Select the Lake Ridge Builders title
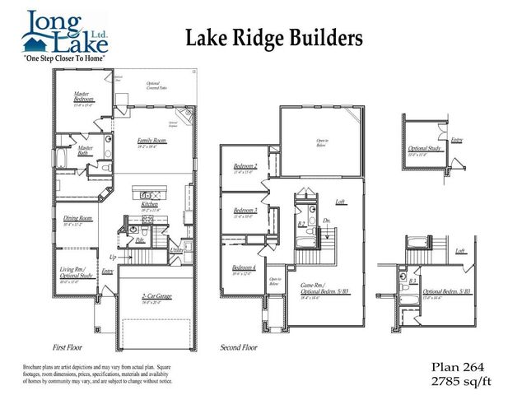click(x=273, y=36)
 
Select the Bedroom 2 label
click(x=245, y=166)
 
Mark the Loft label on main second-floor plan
click(x=339, y=202)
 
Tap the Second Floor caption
click(x=240, y=347)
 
